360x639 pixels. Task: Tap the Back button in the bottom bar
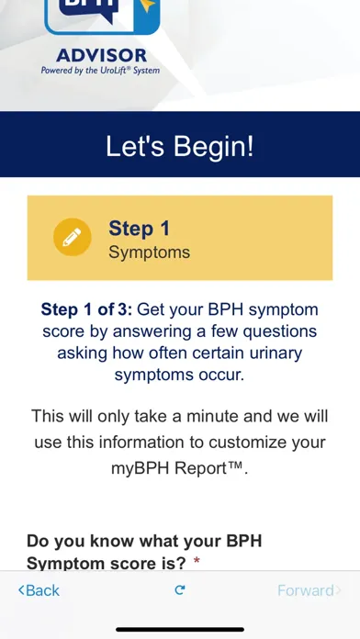pos(39,590)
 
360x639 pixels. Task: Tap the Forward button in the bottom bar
pos(309,590)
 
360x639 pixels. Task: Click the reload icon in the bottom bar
pos(180,590)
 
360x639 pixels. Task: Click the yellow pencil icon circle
pos(73,238)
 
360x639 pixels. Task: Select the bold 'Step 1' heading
pos(139,228)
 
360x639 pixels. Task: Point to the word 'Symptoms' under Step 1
pos(149,252)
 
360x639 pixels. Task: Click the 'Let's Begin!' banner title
pos(180,146)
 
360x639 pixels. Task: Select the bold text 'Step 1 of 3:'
pos(85,309)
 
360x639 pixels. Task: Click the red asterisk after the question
pos(197,562)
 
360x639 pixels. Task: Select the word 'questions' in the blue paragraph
pos(279,331)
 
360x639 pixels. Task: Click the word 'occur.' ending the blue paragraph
pos(221,375)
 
